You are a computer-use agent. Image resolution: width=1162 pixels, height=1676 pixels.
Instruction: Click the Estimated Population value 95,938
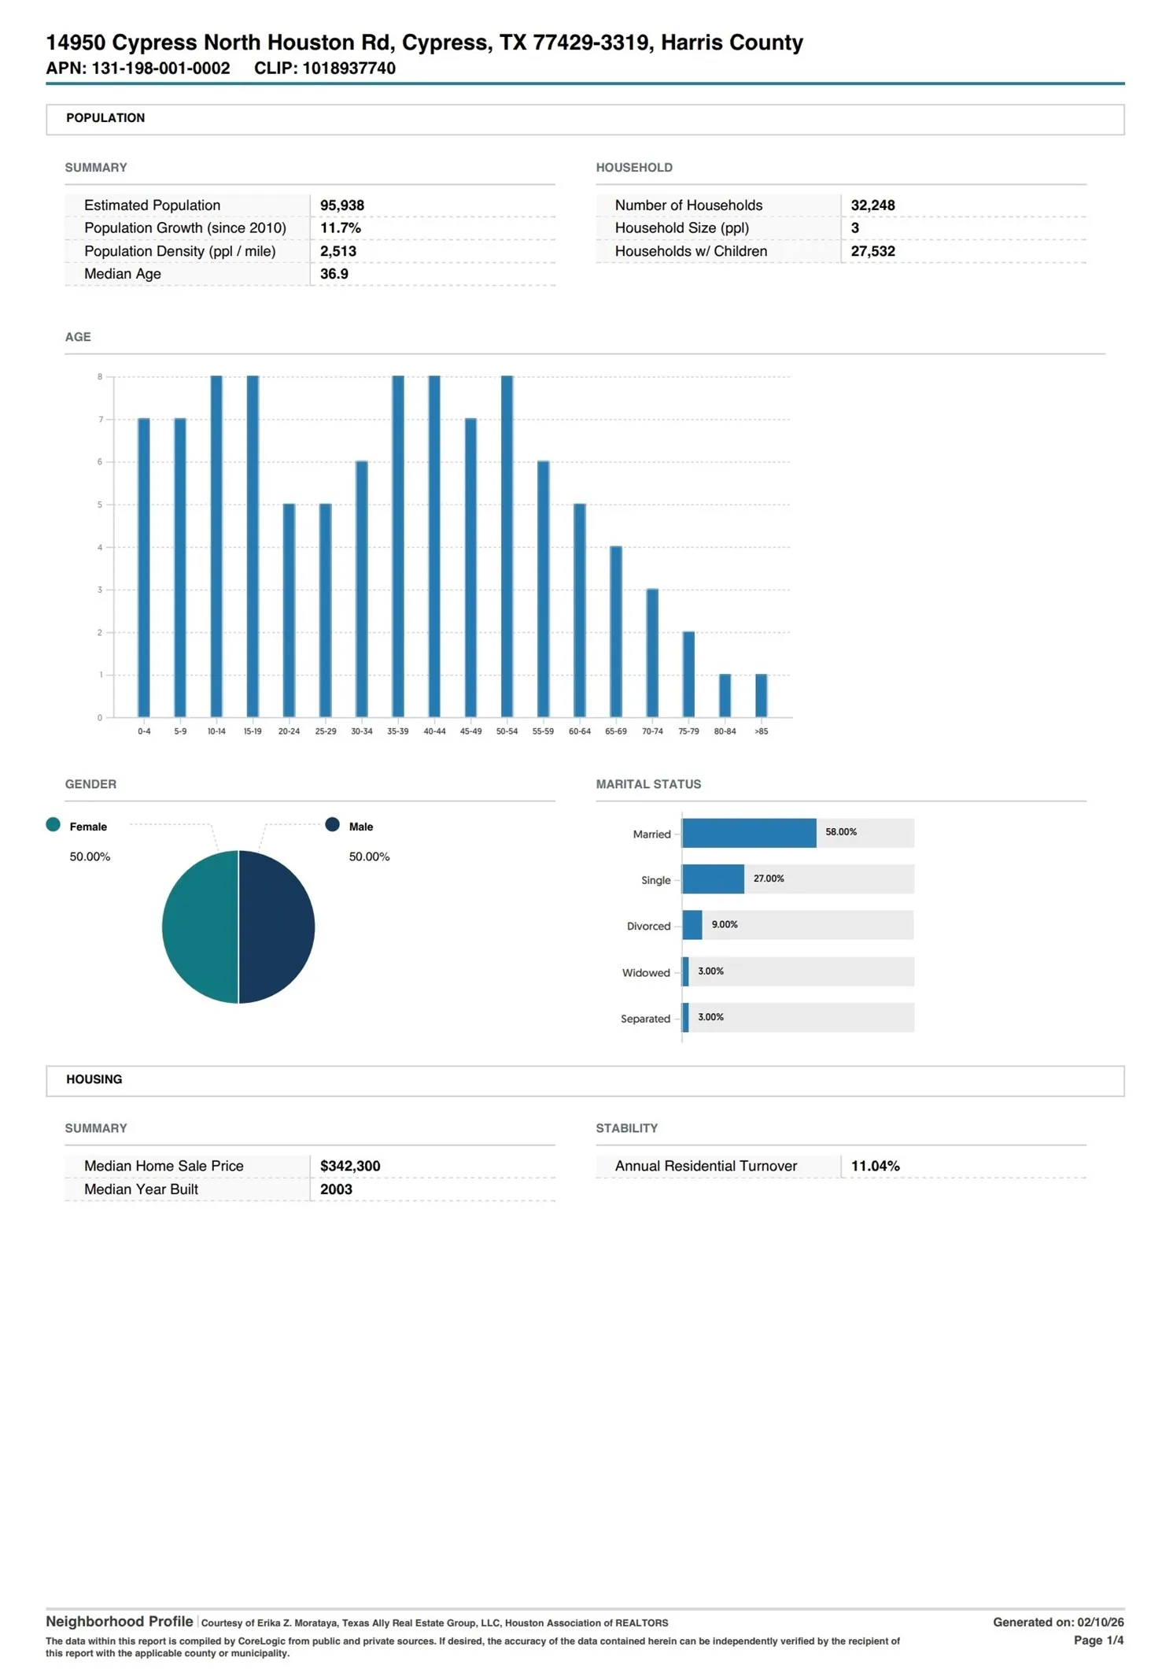pos(341,205)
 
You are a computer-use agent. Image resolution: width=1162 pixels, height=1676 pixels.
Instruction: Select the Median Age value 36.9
pos(334,273)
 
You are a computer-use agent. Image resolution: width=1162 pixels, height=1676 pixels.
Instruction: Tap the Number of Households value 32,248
pos(872,205)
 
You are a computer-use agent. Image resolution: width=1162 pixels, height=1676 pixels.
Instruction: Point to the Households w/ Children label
pos(690,250)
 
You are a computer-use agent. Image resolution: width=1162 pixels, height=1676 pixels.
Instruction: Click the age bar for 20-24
pos(289,609)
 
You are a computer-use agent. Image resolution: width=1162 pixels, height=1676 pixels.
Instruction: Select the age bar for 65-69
pos(615,631)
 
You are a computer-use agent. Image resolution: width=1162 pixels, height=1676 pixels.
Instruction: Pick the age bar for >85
pos(761,695)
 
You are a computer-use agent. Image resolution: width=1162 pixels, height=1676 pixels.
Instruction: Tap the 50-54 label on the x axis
pos(507,731)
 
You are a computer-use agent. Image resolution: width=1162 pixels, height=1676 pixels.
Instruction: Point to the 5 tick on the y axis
pos(100,504)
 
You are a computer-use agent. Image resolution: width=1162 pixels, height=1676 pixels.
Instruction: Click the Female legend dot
pos(53,823)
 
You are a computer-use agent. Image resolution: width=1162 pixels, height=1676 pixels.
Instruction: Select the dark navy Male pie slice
pos(276,926)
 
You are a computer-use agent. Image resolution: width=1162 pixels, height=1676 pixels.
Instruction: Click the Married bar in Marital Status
pos(748,832)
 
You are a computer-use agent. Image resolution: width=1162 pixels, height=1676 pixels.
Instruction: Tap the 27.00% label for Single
pos(768,878)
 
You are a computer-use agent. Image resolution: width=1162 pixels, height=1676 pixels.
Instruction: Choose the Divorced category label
pos(648,925)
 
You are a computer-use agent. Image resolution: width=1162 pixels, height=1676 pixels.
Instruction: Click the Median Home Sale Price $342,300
pos(349,1165)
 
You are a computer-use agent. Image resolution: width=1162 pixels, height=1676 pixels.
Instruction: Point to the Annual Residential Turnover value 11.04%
pos(875,1165)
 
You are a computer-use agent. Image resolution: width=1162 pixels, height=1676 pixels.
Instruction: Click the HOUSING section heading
pos(94,1078)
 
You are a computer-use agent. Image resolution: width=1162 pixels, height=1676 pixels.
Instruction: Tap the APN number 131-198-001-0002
pos(160,68)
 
